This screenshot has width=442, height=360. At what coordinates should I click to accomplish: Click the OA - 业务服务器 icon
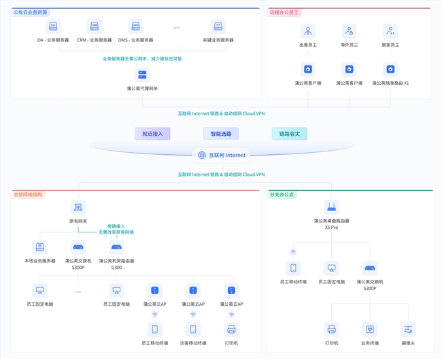52,26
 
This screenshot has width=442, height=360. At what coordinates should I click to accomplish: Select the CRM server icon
95,26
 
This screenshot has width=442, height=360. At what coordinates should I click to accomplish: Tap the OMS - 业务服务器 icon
135,26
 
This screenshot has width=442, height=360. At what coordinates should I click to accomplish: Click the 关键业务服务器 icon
218,26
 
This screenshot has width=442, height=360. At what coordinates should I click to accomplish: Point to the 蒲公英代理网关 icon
142,74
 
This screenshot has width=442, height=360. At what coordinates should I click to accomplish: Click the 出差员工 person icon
309,31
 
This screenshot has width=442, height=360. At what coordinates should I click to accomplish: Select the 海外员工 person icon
350,31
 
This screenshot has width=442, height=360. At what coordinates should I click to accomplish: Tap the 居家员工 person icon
390,31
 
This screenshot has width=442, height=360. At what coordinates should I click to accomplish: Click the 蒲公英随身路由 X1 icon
390,69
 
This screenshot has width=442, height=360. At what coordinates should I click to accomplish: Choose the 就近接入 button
152,134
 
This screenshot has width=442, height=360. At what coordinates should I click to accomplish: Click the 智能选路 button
221,134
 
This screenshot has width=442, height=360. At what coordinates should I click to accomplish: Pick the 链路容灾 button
289,134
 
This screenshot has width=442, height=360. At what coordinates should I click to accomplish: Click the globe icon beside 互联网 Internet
202,155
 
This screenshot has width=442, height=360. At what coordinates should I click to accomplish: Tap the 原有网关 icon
78,207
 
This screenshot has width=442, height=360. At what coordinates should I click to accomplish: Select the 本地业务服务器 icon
40,247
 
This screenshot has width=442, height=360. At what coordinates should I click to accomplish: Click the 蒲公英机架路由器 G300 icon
116,247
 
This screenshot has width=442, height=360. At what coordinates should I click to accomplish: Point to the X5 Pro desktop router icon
332,207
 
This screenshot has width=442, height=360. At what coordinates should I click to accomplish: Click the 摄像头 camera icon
408,329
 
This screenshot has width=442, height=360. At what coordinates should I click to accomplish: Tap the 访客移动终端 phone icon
193,329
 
